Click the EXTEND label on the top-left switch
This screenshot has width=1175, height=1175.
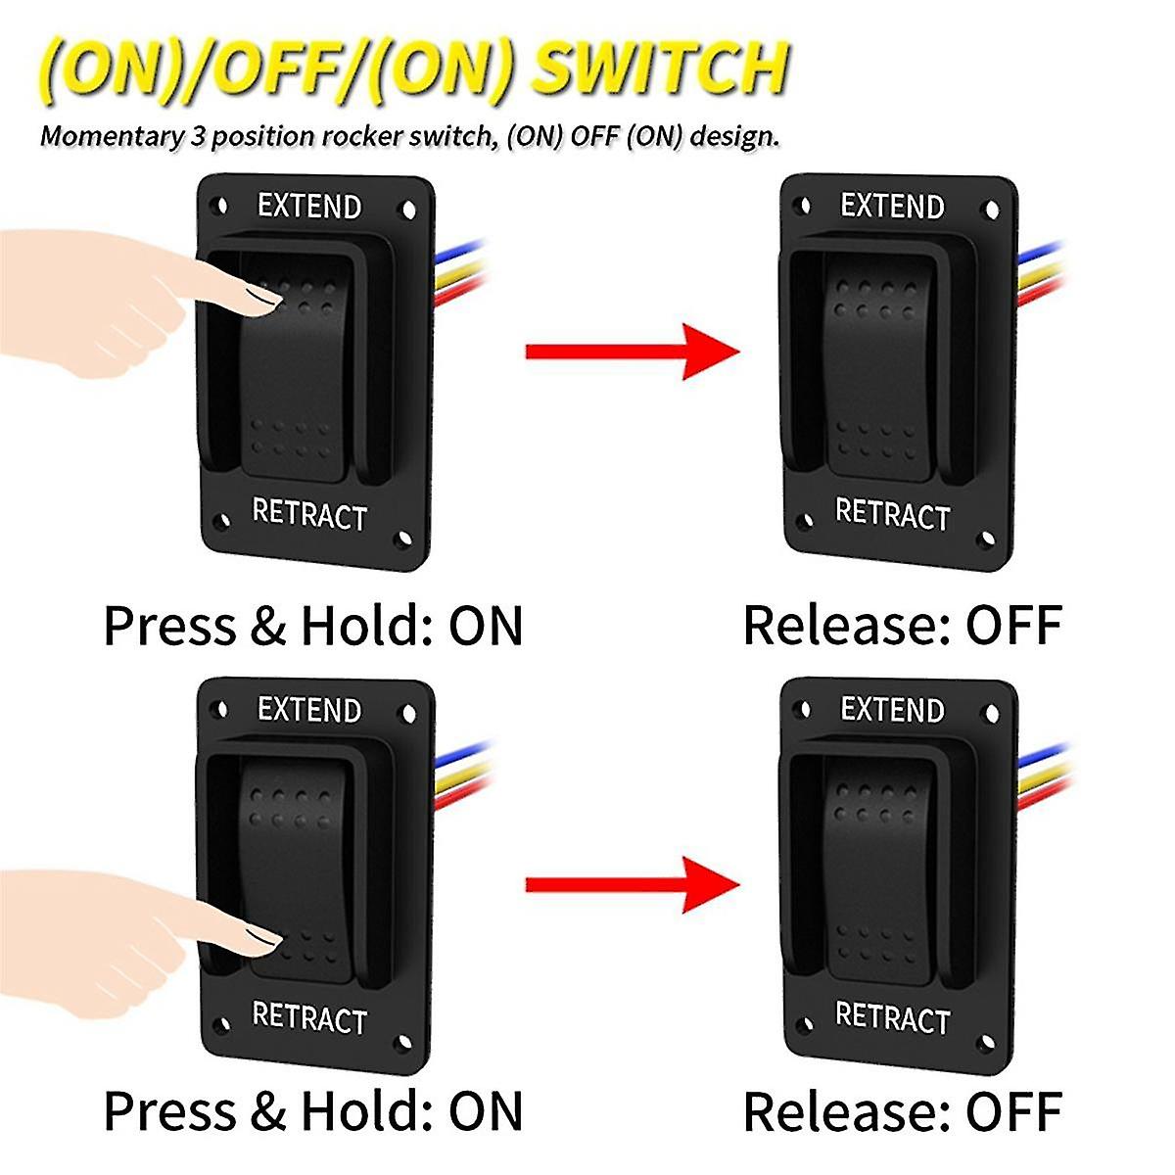coord(309,207)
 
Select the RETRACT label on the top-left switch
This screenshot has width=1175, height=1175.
coord(309,514)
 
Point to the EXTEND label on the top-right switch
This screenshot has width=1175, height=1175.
coord(892,207)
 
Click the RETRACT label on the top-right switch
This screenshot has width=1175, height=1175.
coord(892,514)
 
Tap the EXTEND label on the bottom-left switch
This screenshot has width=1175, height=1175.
coord(309,710)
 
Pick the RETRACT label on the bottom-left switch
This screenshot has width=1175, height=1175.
coord(309,1018)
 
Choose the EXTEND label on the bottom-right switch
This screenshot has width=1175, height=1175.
coord(892,710)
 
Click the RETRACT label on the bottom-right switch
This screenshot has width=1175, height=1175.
coord(892,1018)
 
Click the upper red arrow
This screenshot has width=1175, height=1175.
coord(632,352)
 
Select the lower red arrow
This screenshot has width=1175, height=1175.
coord(632,885)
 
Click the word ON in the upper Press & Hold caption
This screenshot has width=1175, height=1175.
coord(486,626)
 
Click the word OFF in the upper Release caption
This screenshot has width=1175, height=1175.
coord(1013,626)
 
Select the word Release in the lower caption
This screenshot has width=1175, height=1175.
coord(847,1111)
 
